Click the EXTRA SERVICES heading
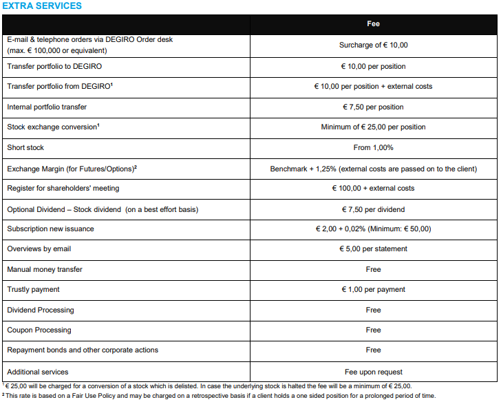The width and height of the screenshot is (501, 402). point(43,6)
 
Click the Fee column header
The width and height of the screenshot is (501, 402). point(373,24)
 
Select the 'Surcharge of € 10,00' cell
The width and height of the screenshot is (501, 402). point(373,45)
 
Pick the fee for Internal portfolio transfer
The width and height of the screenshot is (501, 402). point(373,107)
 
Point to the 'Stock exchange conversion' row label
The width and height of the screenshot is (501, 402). point(53,127)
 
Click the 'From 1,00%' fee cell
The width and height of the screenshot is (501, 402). point(373,148)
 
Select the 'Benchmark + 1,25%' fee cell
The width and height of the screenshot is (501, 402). point(373,169)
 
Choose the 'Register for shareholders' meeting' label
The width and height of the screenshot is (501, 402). point(63,189)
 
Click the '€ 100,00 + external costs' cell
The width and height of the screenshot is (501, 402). point(373,189)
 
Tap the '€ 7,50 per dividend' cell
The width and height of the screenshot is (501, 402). point(373,209)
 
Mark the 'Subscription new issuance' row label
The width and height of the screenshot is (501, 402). point(50,229)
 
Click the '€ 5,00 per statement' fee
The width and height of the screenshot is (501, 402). point(373,249)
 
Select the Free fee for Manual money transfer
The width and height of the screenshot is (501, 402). point(373,270)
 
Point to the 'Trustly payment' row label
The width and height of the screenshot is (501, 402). point(33,290)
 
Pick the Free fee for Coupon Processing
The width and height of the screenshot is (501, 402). point(373,330)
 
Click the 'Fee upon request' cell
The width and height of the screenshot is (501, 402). point(373,372)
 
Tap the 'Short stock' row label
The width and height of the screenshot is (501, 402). point(25,148)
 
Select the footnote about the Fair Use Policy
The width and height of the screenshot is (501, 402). point(220,396)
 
